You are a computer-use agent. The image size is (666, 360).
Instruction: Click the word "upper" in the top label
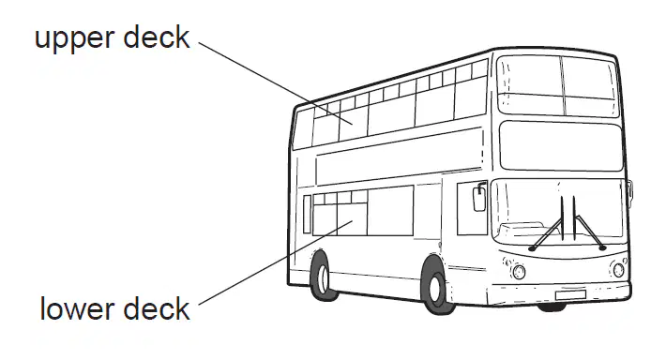[x=74, y=39]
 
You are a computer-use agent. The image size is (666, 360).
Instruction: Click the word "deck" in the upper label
[x=157, y=37]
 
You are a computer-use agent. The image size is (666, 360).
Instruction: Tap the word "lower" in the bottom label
[x=77, y=309]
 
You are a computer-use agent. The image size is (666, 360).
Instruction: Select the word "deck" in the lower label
[x=157, y=308]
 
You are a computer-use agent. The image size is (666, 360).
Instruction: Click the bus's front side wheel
[x=435, y=288]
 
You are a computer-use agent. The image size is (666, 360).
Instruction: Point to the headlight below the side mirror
[x=519, y=271]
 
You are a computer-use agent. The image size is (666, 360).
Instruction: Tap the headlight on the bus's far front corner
[x=618, y=270]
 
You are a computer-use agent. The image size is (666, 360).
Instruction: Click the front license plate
[x=570, y=294]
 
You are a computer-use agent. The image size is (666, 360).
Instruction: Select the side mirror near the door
[x=479, y=198]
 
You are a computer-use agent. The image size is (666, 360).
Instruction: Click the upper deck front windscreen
[x=558, y=86]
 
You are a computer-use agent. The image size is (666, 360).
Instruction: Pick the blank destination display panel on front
[x=562, y=146]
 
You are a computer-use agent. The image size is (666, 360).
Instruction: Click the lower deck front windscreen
[x=558, y=213]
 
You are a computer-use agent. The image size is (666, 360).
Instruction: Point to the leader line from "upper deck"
[x=276, y=83]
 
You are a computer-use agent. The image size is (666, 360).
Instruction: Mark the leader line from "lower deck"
[x=276, y=262]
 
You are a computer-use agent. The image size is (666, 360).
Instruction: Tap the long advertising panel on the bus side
[x=399, y=157]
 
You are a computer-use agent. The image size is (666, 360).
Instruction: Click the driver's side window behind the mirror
[x=472, y=208]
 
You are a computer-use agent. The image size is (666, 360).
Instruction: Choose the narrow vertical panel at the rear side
[x=307, y=214]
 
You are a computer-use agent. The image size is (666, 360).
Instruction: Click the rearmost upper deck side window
[x=303, y=128]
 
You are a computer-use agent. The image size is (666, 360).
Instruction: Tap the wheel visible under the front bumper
[x=551, y=307]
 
